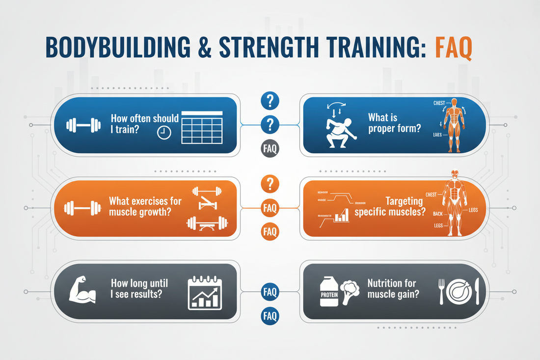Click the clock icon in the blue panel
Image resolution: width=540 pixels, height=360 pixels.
click(164, 133)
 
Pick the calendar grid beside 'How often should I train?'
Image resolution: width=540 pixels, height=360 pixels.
click(202, 126)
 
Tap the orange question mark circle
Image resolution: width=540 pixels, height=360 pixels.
click(270, 184)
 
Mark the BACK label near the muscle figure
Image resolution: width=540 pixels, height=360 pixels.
click(438, 214)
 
